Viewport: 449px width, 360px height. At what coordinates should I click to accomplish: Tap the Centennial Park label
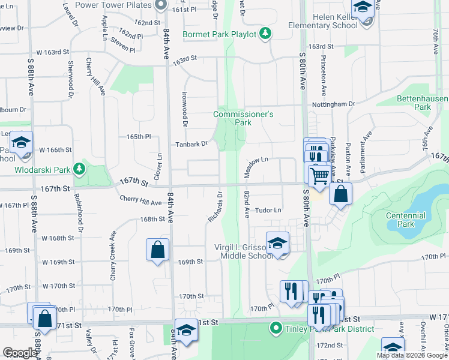[406, 220]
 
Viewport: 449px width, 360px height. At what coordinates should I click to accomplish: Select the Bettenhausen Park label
[422, 103]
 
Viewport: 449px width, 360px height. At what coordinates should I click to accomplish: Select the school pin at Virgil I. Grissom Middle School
[277, 244]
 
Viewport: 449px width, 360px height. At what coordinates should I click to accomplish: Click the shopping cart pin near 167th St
[319, 175]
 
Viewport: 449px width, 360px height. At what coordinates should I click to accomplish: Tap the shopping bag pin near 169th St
[157, 250]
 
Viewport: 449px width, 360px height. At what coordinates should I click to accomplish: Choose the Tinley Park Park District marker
[276, 328]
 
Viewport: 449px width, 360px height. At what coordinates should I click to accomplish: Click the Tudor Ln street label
[268, 211]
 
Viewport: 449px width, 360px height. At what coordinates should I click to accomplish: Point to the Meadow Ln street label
[255, 161]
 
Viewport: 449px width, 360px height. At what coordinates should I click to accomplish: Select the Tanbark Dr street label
[191, 144]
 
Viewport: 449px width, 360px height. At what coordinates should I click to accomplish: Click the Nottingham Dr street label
[337, 104]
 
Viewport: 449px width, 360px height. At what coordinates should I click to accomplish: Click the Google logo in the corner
[20, 353]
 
